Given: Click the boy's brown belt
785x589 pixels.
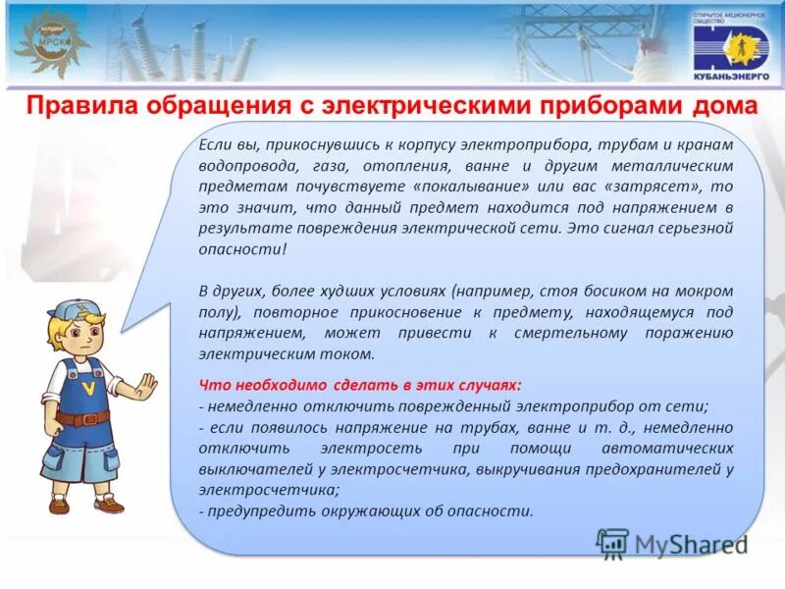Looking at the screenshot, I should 82,418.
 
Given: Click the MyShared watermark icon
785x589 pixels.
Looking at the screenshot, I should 612,543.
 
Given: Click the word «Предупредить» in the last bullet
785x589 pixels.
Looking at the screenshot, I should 258,511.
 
